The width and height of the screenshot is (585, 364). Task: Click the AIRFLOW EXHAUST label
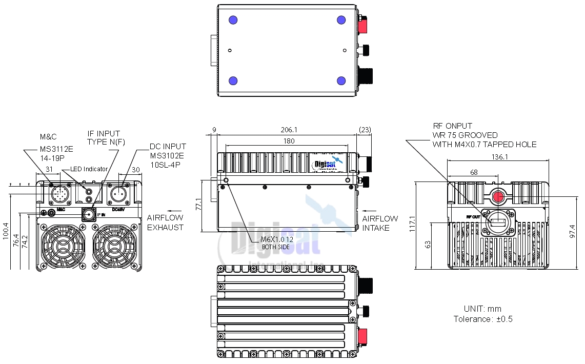click(x=165, y=223)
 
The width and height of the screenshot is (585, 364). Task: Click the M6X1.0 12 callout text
click(x=277, y=239)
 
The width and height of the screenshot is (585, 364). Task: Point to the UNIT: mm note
click(x=482, y=309)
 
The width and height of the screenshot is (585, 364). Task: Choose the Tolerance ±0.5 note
click(x=483, y=319)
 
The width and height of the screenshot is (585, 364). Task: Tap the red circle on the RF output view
click(x=498, y=196)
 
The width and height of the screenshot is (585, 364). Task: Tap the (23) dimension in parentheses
click(x=365, y=130)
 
